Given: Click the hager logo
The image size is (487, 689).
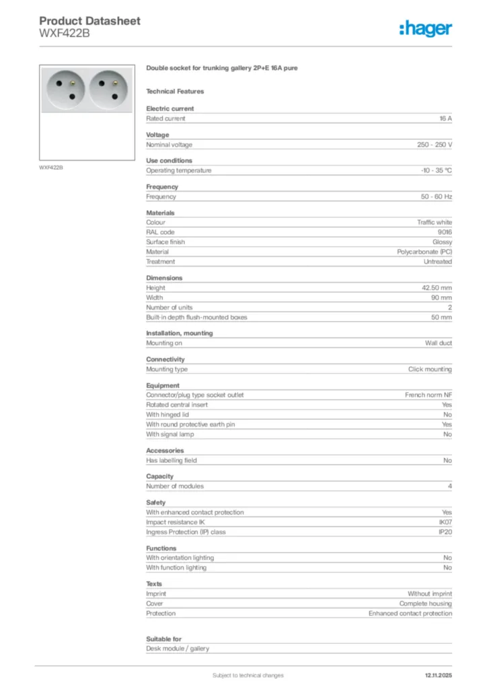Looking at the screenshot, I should coord(425,28).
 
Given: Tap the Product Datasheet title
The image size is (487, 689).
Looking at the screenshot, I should coord(89,21).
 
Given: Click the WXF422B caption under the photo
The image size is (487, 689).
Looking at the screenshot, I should coord(50,167).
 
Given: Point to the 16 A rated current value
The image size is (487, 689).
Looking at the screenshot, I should coord(445,118).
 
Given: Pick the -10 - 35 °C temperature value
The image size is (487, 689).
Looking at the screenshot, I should coord(437,171).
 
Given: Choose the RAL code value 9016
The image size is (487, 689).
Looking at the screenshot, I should coord(445,232).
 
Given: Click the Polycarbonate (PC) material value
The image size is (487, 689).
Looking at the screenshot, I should coord(424,252).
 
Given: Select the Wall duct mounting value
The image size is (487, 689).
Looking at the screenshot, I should coord(438,343).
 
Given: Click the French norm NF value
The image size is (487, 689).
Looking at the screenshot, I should coord(428,395).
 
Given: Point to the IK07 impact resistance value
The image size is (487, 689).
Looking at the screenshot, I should coord(445,522).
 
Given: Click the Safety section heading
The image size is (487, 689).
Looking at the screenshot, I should coord(155,503).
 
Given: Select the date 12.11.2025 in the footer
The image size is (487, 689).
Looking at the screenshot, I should coord(439,675).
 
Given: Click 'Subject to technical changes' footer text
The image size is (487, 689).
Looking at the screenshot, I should coord(248,675).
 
